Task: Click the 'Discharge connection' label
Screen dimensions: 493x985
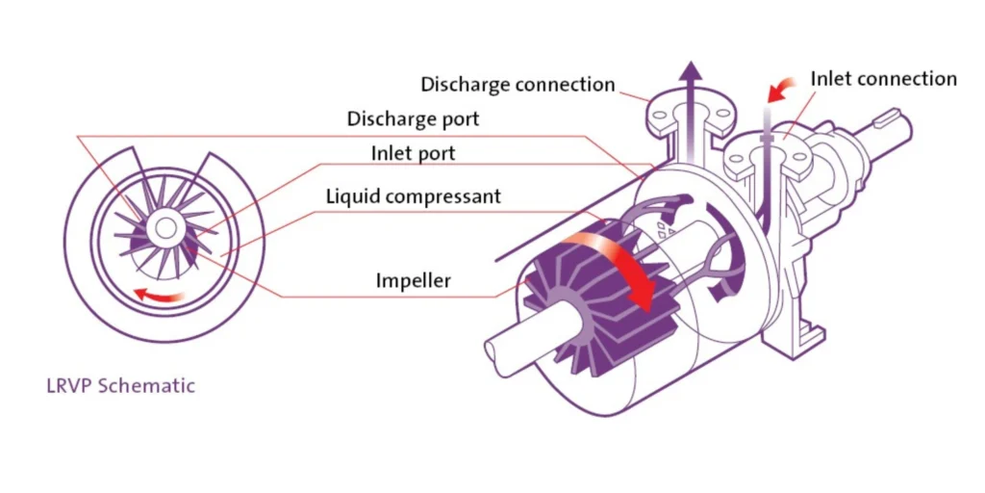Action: point(518,85)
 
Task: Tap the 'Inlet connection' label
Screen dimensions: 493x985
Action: point(883,79)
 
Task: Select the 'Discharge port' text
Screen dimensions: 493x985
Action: point(413,120)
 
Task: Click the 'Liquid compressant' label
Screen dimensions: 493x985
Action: point(413,196)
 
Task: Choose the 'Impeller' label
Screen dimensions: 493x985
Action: point(414,282)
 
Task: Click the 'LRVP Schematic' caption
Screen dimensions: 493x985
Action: point(120,386)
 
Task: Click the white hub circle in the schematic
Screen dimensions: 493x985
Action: point(166,227)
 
